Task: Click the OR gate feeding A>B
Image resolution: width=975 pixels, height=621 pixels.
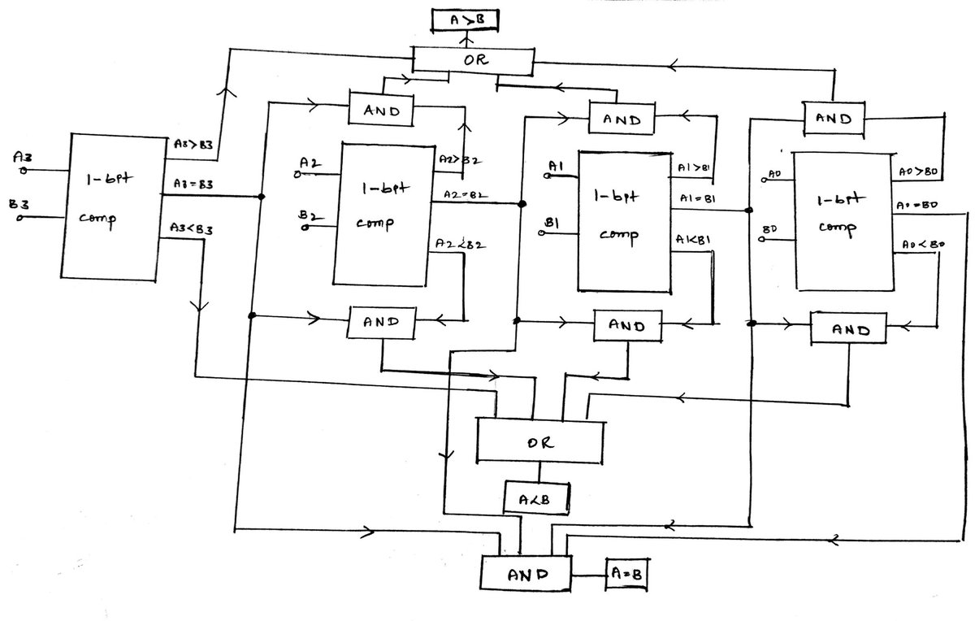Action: click(473, 61)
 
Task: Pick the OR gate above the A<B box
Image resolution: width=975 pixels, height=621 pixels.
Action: click(539, 441)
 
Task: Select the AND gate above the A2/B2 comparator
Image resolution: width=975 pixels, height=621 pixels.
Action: click(381, 111)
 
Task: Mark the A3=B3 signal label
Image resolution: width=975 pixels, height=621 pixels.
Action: click(193, 185)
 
